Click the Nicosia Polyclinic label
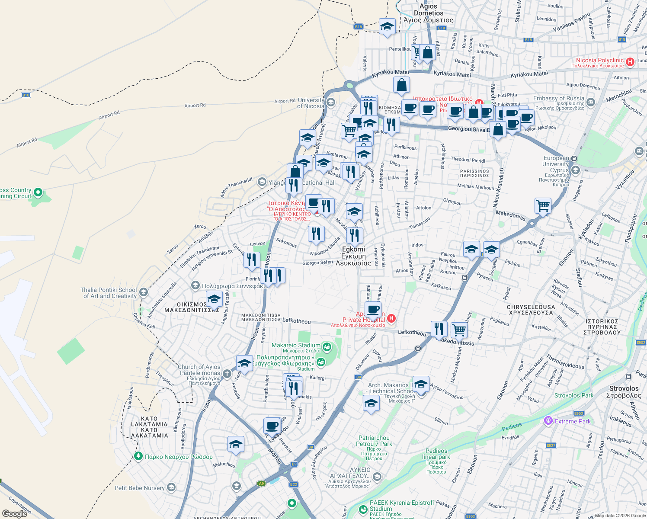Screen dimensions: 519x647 [599, 61]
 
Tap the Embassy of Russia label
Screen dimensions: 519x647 [558, 98]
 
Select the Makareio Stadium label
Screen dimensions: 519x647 [296, 345]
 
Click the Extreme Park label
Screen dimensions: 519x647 [573, 421]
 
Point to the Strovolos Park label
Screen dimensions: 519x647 [574, 395]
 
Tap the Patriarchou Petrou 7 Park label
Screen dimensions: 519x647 [374, 441]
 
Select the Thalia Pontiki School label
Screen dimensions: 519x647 [109, 293]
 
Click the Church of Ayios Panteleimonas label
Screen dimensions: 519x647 [200, 370]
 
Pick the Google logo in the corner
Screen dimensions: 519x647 [15, 514]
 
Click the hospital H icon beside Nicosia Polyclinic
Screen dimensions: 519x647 [630, 61]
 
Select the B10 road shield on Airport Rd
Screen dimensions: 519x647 [26, 95]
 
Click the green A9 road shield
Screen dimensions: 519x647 [261, 484]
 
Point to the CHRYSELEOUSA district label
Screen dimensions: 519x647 [530, 310]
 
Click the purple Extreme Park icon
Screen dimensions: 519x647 [548, 420]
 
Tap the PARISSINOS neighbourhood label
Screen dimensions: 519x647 [474, 173]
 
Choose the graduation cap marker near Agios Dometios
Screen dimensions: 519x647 [387, 26]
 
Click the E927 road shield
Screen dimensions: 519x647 [551, 445]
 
